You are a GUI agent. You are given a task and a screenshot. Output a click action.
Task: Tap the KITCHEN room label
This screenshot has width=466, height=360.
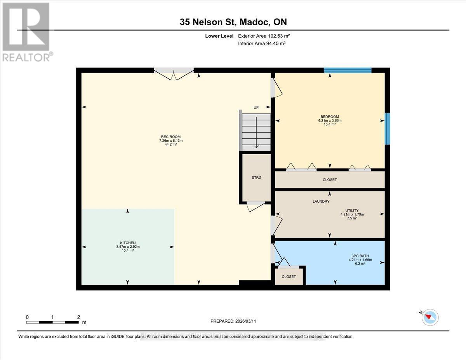click(x=128, y=243)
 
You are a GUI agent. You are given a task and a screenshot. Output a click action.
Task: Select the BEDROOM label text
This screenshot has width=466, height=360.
click(x=329, y=117)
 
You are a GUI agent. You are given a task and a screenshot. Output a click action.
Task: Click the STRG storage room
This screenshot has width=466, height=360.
click(x=256, y=177)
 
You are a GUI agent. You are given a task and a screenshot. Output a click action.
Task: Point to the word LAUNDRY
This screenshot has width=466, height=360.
click(x=321, y=202)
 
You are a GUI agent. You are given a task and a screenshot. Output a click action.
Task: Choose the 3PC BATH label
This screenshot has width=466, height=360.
click(x=358, y=256)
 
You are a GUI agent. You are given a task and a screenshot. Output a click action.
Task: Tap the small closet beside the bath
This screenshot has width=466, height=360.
click(x=289, y=277)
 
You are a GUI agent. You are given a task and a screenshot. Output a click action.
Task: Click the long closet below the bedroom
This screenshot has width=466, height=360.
click(x=330, y=180)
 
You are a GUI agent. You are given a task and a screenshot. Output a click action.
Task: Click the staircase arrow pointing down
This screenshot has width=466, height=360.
click(x=256, y=140)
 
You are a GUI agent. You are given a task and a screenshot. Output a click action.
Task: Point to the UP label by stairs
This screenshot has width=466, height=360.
click(x=256, y=108)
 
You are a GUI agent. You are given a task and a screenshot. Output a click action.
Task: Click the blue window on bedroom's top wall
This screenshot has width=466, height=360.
click(x=348, y=70)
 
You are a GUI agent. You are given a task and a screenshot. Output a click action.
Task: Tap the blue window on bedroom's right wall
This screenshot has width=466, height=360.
click(x=387, y=129)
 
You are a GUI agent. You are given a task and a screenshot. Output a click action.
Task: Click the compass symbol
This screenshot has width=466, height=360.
click(x=430, y=317)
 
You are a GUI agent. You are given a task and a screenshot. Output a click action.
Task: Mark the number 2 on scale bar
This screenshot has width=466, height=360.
click(x=78, y=317)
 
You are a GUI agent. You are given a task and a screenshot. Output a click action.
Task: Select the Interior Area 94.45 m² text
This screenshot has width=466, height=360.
click(x=262, y=43)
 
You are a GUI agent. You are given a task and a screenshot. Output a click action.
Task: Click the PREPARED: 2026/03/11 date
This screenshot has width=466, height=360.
click(x=233, y=321)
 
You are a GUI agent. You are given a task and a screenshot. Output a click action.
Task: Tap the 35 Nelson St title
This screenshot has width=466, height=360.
click(x=233, y=22)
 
